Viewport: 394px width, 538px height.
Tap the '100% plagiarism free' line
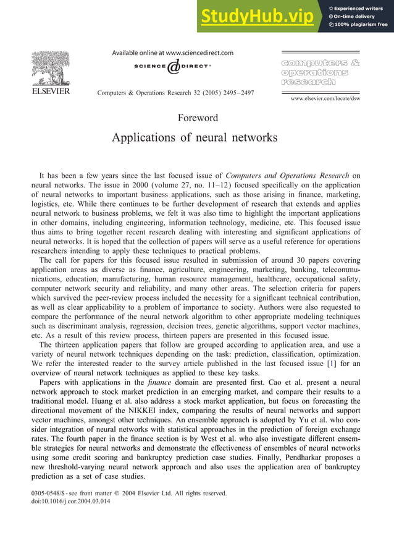(358, 25)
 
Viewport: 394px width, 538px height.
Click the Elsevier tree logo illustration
(51, 68)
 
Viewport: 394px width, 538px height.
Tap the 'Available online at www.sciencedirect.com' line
(173, 53)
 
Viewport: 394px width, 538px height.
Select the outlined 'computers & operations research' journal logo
(320, 72)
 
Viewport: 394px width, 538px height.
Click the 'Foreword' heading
(198, 117)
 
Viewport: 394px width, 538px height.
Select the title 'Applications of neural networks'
(195, 137)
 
